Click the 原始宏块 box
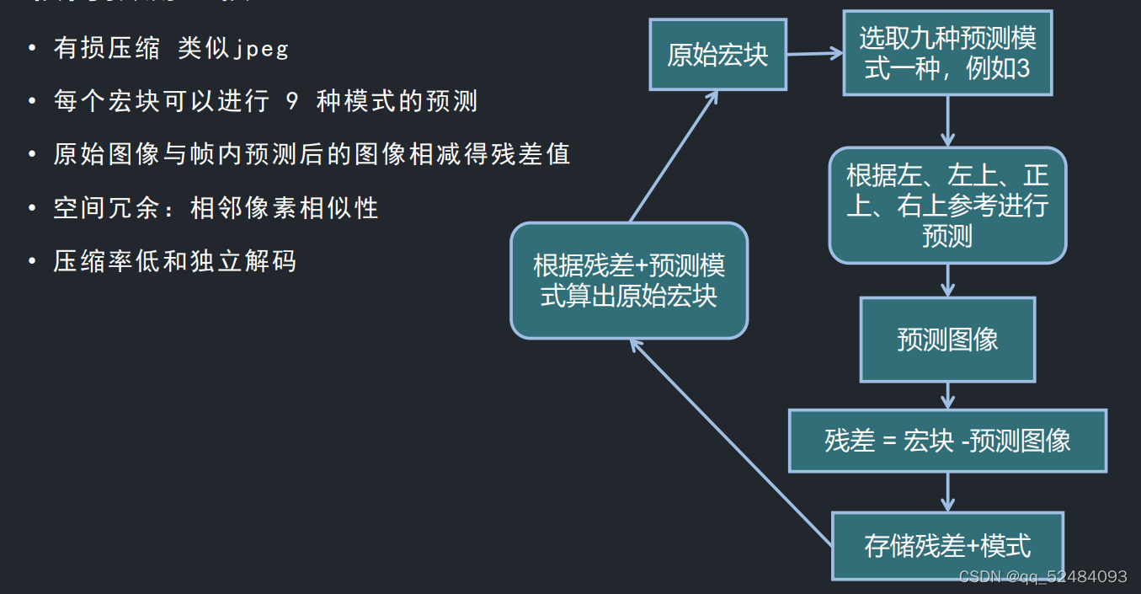717,55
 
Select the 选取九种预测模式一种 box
947,53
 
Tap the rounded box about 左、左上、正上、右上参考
947,206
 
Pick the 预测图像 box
947,339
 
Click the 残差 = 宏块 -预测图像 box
947,441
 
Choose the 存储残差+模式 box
947,546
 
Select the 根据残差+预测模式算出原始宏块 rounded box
629,281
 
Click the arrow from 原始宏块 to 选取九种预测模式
814,54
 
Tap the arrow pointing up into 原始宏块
674,156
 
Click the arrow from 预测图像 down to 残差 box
947,395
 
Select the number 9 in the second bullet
292,102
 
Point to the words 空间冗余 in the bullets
106,208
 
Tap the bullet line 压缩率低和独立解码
175,261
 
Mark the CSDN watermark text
1042,576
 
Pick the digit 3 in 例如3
1023,69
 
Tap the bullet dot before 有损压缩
32,49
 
